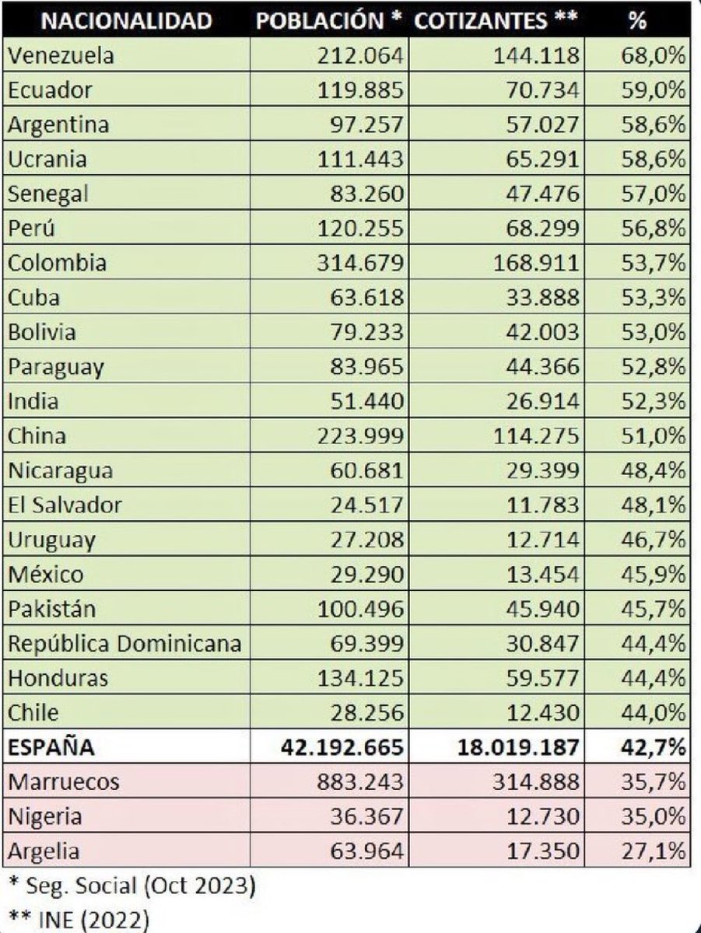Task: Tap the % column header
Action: tap(638, 21)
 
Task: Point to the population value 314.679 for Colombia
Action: tap(360, 263)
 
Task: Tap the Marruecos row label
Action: tap(64, 781)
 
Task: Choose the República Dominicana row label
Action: tap(124, 644)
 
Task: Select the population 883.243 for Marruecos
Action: tap(360, 781)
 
